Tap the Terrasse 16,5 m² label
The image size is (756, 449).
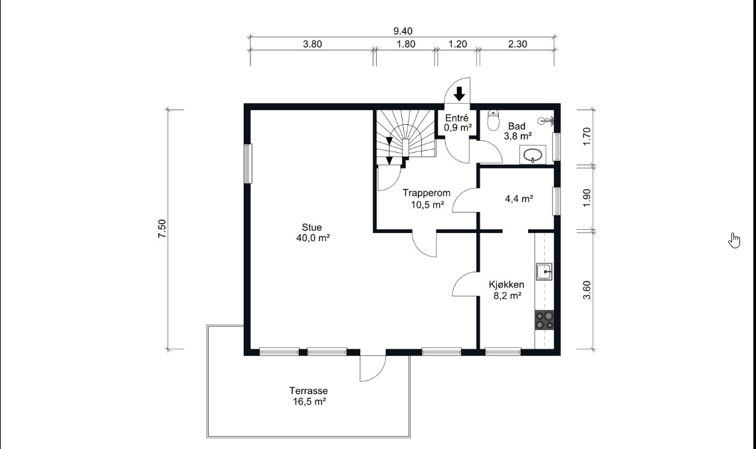[x=308, y=397]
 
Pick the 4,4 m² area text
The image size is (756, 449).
[x=519, y=199]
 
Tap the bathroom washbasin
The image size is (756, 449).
[x=533, y=155]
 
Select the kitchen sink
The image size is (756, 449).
[x=544, y=272]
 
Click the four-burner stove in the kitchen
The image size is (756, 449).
[x=544, y=320]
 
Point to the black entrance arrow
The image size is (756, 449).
[x=460, y=94]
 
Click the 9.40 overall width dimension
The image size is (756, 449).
[x=403, y=31]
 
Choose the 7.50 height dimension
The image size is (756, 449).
[x=162, y=228]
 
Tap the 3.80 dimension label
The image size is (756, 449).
[x=312, y=45]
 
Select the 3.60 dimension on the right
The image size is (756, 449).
[x=587, y=290]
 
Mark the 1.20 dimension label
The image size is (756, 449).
[x=458, y=45]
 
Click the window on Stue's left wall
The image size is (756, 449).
[x=248, y=163]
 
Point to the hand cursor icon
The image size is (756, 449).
[x=734, y=240]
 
